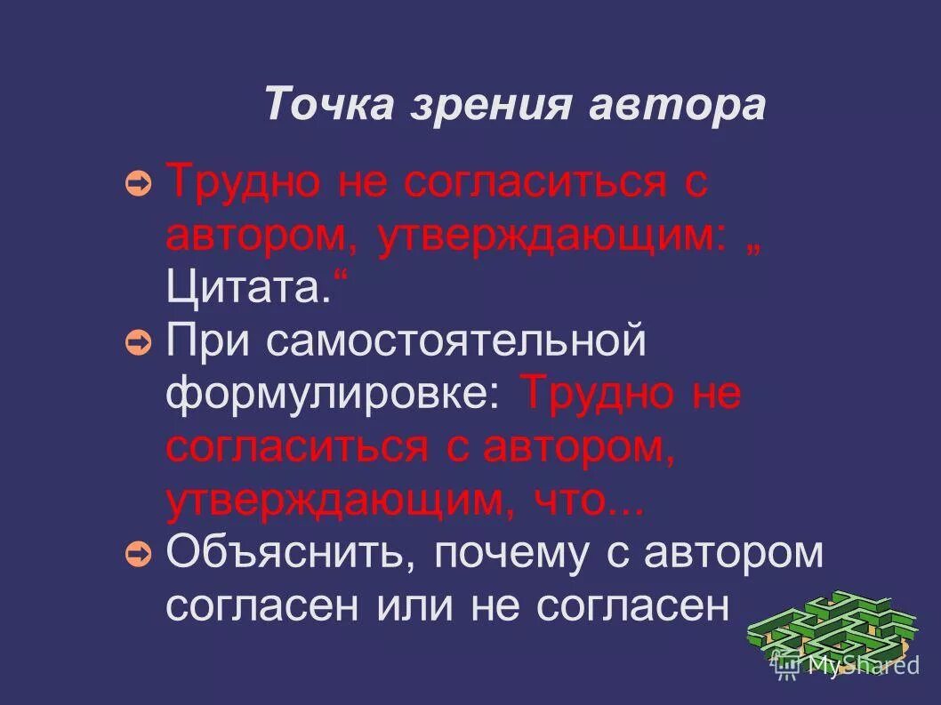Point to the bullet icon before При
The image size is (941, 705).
[x=139, y=343]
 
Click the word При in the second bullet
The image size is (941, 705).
[x=204, y=343]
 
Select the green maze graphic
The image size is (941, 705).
[x=832, y=627]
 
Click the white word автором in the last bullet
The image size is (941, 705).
[x=735, y=555]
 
